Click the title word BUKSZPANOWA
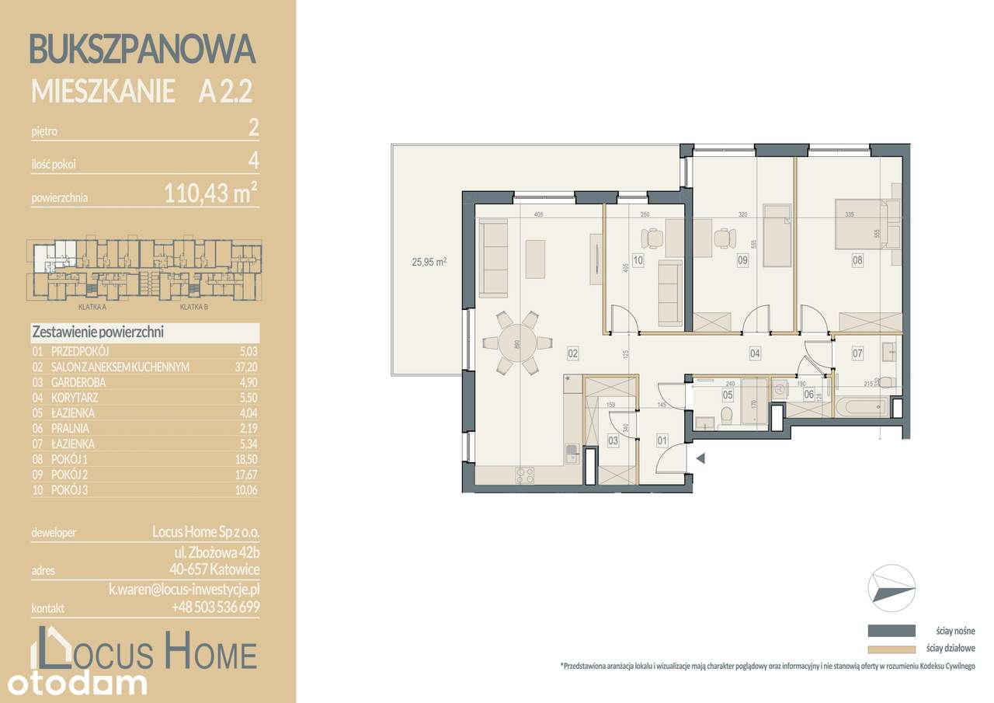coord(142,49)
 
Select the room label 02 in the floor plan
coord(573,353)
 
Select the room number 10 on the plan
coord(638,261)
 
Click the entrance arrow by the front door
coord(701,458)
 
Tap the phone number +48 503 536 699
coord(215,607)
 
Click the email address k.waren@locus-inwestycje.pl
coord(184,590)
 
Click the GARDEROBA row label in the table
coord(78,382)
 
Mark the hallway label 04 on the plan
coord(754,353)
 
